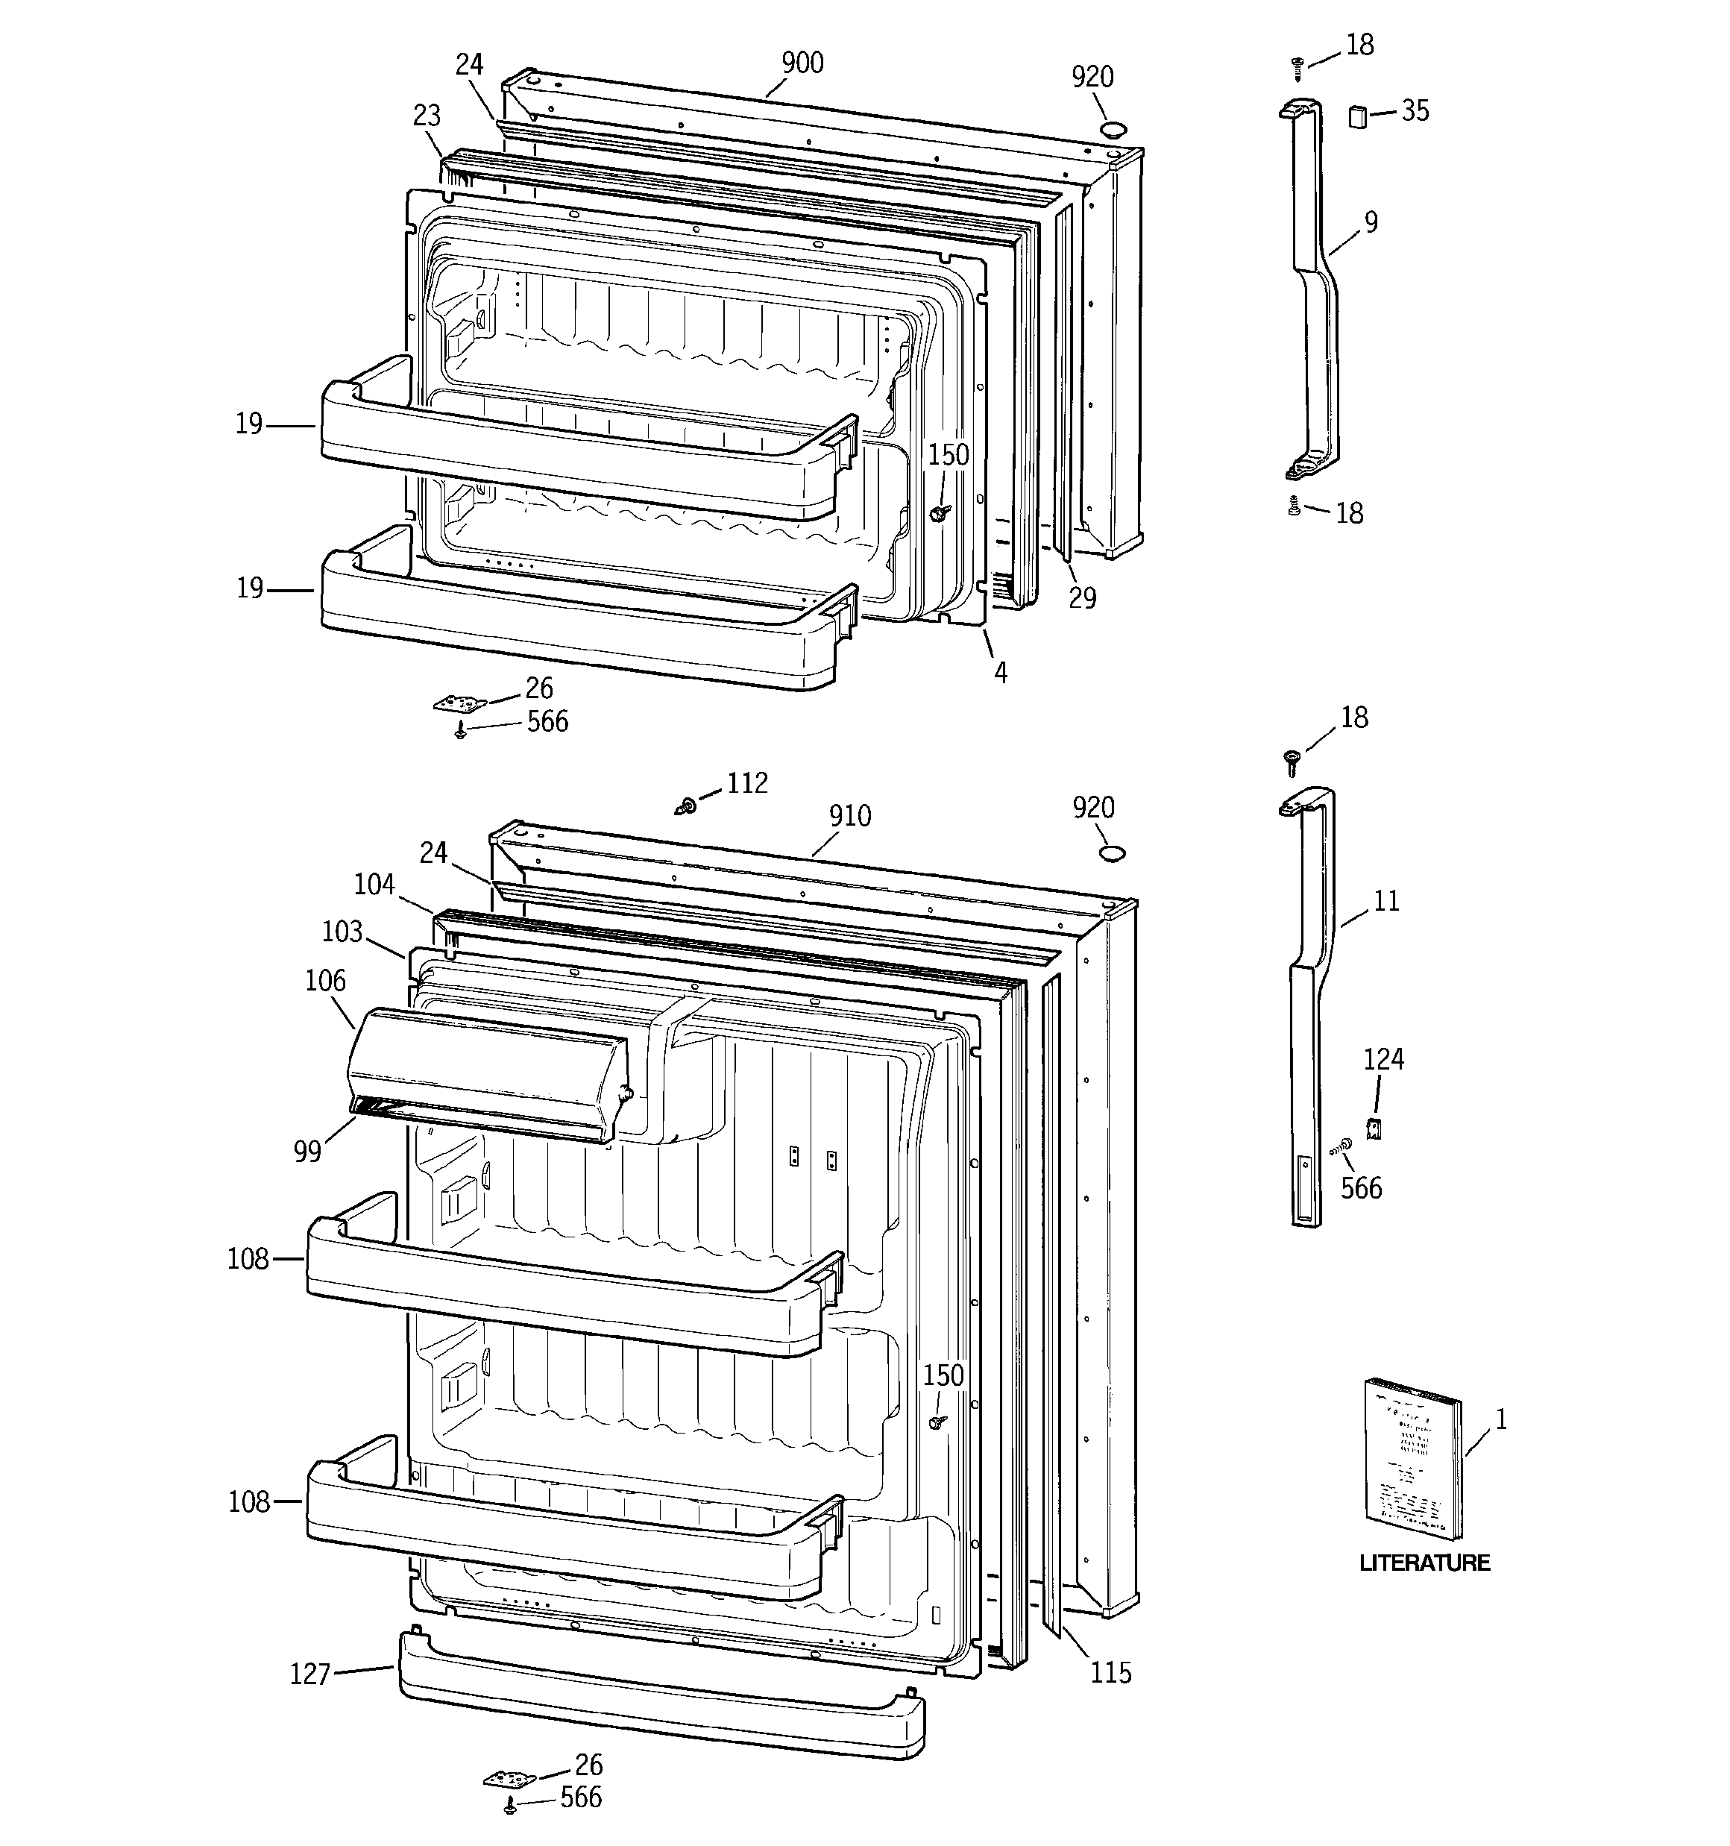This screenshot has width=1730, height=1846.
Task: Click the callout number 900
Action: click(x=802, y=63)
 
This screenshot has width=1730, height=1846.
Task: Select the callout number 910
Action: click(x=849, y=815)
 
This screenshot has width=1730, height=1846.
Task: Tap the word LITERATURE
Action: click(x=1424, y=1563)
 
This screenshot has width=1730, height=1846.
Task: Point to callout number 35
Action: click(x=1415, y=110)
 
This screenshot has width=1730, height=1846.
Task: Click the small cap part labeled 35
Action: click(x=1358, y=117)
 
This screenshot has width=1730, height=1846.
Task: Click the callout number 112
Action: click(x=746, y=783)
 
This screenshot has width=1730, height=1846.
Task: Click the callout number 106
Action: click(x=325, y=981)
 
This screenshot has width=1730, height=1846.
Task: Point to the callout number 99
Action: click(x=307, y=1152)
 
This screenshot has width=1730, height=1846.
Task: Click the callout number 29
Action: click(x=1082, y=598)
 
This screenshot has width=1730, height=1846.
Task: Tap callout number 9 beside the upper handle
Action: click(x=1371, y=222)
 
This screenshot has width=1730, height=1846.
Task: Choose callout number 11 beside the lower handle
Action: click(x=1385, y=901)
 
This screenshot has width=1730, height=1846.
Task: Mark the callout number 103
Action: click(x=341, y=932)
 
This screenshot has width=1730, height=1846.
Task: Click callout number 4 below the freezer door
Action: click(x=1000, y=672)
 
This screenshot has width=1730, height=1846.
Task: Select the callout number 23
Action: click(x=427, y=116)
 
